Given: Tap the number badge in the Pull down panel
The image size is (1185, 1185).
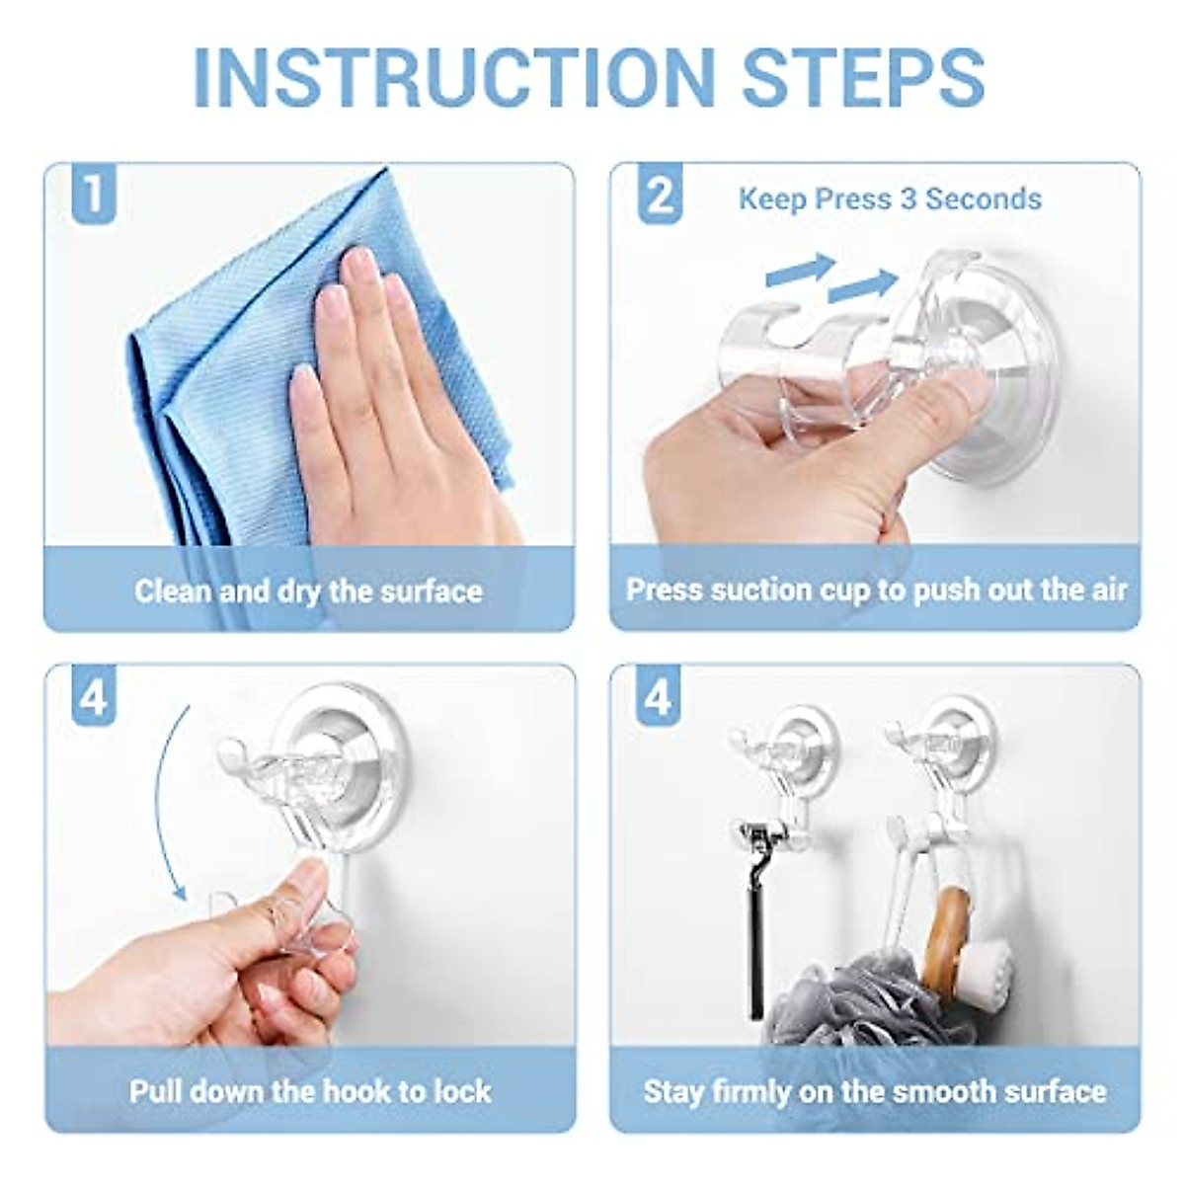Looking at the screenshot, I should click(93, 698).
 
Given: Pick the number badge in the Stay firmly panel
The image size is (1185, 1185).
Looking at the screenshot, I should click(659, 698).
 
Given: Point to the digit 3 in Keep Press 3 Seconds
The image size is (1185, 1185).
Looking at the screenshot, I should click(908, 199).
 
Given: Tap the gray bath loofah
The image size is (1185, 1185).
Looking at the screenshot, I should click(849, 997).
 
